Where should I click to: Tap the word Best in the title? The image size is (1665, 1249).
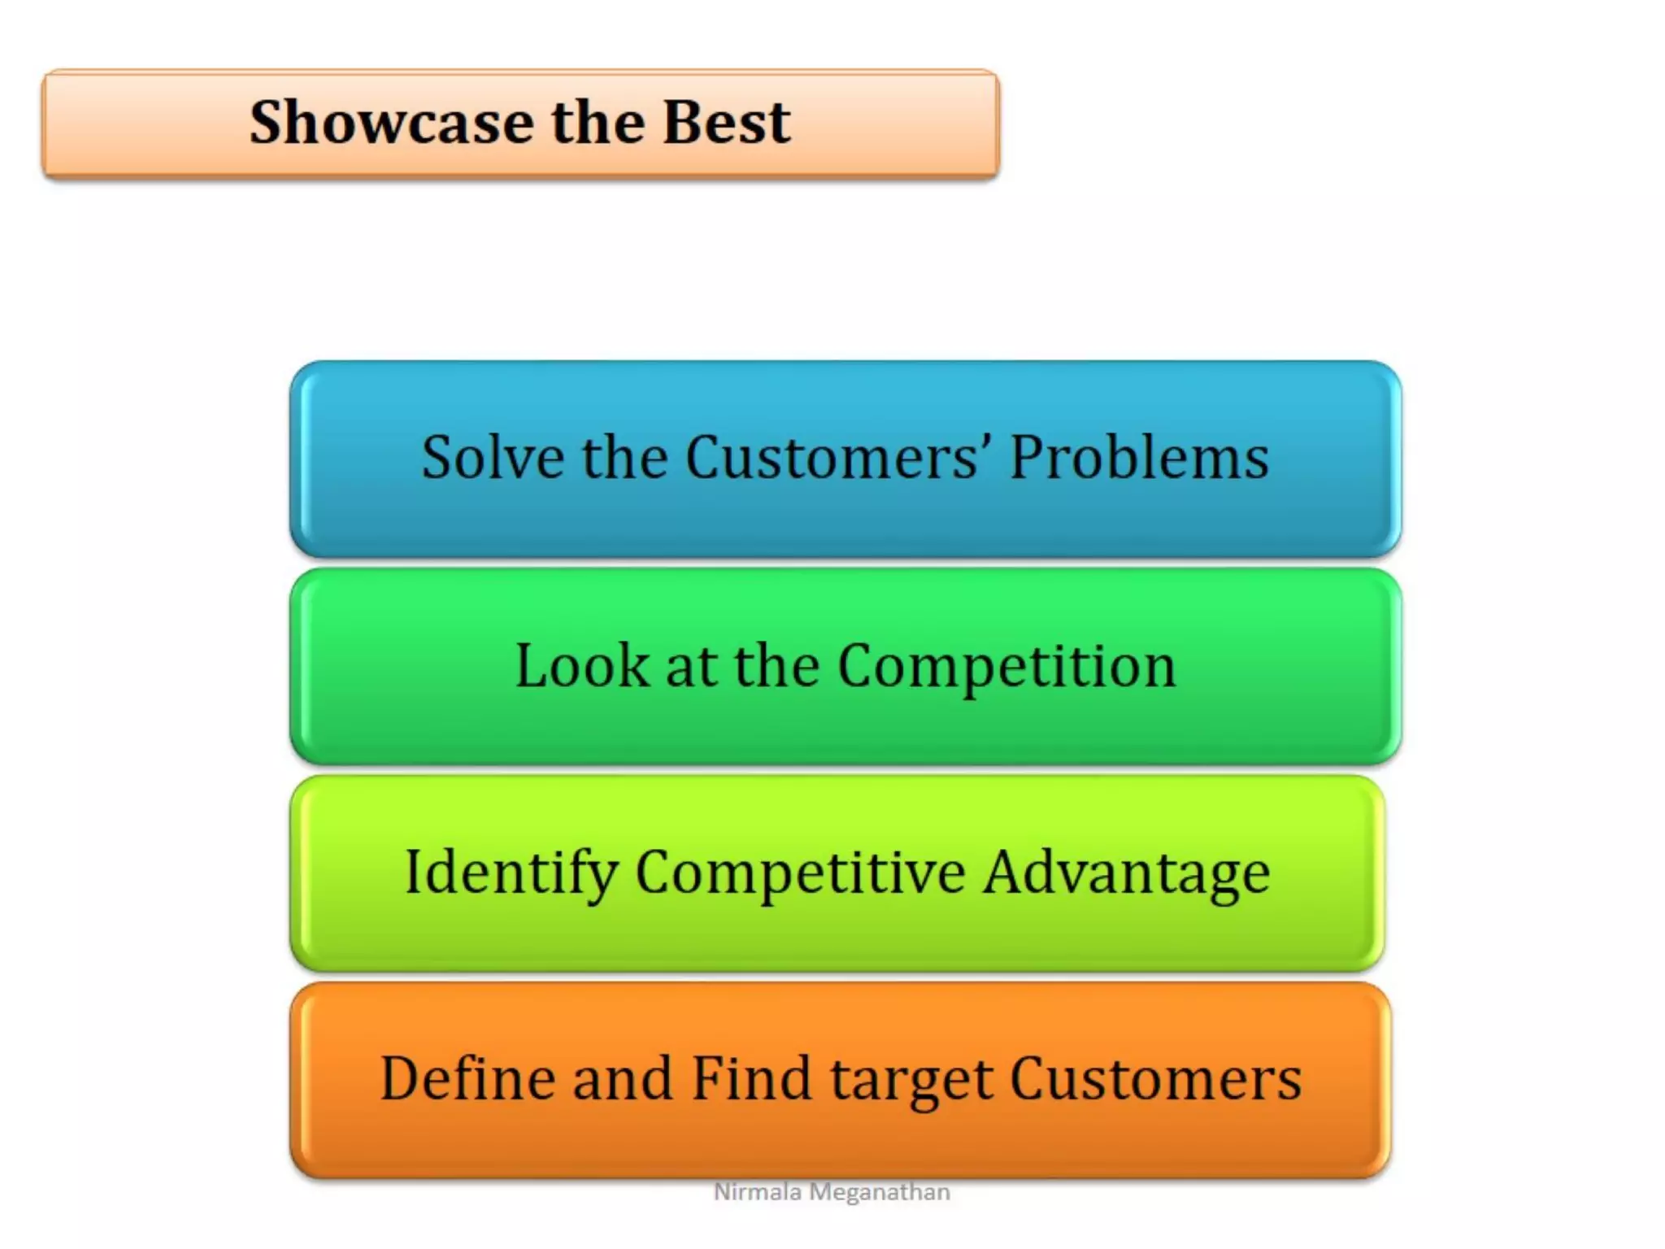pyautogui.click(x=725, y=122)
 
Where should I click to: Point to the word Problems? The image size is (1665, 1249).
pyautogui.click(x=1138, y=457)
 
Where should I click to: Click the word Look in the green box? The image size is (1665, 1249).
pyautogui.click(x=582, y=665)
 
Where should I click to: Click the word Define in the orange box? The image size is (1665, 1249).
pyautogui.click(x=468, y=1079)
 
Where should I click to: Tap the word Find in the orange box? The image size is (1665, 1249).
pyautogui.click(x=751, y=1079)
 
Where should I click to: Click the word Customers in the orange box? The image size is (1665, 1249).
pyautogui.click(x=1155, y=1079)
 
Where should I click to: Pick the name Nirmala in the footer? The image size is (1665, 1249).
pyautogui.click(x=757, y=1192)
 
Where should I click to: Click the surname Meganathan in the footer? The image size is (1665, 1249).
pyautogui.click(x=880, y=1192)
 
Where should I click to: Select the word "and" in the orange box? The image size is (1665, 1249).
pyautogui.click(x=623, y=1079)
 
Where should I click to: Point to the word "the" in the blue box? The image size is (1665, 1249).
pyautogui.click(x=625, y=457)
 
